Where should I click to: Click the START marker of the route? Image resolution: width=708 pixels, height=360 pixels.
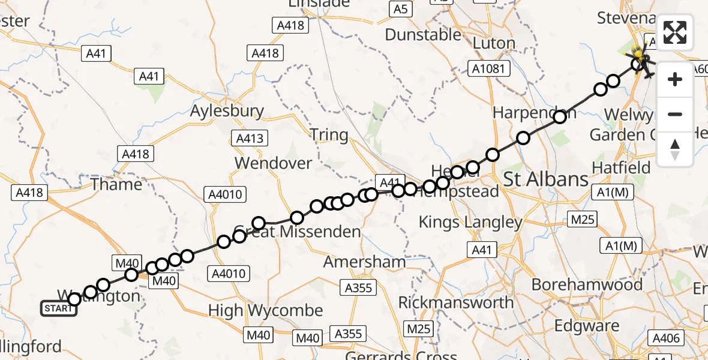(59, 308)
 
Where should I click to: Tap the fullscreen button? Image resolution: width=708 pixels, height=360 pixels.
(675, 32)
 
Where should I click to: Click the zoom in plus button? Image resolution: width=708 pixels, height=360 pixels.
(675, 79)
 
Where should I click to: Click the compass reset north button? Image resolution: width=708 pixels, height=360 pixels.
(675, 149)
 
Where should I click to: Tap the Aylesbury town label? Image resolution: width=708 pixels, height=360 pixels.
(227, 111)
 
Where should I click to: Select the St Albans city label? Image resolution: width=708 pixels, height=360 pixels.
(546, 179)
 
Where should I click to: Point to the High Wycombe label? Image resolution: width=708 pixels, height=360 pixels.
(265, 310)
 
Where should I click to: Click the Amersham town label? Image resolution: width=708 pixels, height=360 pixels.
(364, 262)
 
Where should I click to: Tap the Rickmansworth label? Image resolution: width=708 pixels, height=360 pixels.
(456, 302)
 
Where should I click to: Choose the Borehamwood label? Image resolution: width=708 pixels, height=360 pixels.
(587, 284)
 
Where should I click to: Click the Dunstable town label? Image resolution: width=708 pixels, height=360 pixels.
(423, 35)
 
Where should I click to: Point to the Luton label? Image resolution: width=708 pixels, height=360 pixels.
(494, 43)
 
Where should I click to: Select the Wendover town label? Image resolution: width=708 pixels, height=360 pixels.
(273, 163)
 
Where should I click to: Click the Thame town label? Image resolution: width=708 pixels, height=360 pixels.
(116, 184)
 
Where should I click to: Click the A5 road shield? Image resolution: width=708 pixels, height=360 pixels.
(400, 9)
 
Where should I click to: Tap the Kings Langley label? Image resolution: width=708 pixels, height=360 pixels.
(470, 222)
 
